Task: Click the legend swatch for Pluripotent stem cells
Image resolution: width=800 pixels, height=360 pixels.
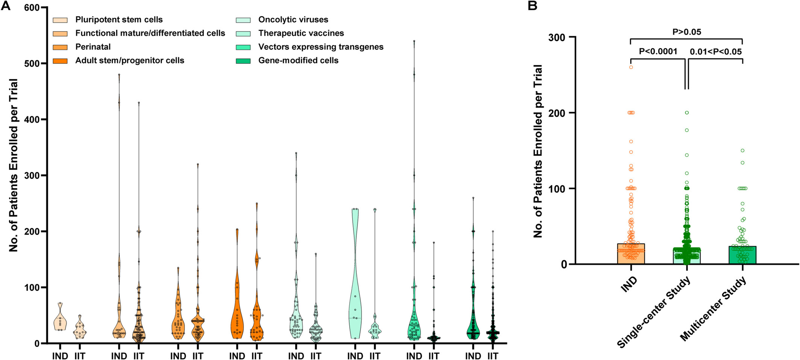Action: pyautogui.click(x=60, y=20)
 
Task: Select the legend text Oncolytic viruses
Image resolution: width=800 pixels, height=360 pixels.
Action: pyautogui.click(x=293, y=20)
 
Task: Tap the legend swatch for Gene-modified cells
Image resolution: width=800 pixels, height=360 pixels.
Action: pyautogui.click(x=243, y=61)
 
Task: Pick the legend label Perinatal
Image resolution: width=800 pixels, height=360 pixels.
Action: pyautogui.click(x=93, y=47)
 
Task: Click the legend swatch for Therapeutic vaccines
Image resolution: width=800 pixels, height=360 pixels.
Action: pyautogui.click(x=243, y=33)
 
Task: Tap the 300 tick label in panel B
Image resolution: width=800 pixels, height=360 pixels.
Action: pyautogui.click(x=557, y=37)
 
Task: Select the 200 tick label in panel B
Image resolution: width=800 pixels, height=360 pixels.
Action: pyautogui.click(x=557, y=113)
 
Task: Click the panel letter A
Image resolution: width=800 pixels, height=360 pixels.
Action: pyautogui.click(x=6, y=6)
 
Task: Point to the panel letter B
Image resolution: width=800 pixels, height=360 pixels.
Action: pyautogui.click(x=532, y=6)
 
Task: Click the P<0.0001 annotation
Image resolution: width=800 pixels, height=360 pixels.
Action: pyautogui.click(x=658, y=51)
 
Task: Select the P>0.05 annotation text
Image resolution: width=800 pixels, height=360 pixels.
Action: pyautogui.click(x=686, y=32)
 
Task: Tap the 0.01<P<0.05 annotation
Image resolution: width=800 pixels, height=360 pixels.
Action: pyautogui.click(x=715, y=51)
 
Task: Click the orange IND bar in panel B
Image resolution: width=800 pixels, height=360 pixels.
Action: pyautogui.click(x=631, y=254)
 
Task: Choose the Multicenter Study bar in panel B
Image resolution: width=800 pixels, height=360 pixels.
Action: pyautogui.click(x=742, y=256)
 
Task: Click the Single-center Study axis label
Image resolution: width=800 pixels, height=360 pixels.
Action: pyautogui.click(x=655, y=312)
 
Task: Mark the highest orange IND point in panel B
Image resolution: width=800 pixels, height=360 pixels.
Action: pyautogui.click(x=631, y=67)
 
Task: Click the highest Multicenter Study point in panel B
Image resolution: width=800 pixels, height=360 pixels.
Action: pyautogui.click(x=742, y=151)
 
